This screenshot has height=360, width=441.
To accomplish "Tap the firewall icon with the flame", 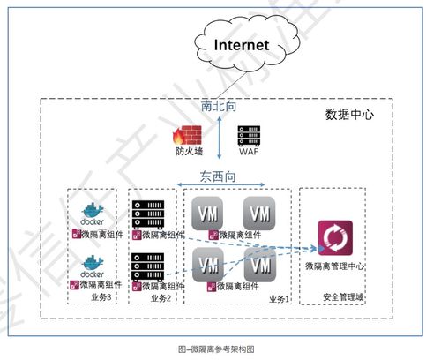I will [187, 136].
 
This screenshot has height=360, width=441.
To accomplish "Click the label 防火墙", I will [187, 155].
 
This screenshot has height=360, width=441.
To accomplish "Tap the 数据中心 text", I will [350, 115].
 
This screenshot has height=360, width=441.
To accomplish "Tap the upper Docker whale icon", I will [93, 212].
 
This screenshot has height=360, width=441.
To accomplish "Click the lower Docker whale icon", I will [93, 264].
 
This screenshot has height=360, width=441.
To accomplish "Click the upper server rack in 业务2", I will [148, 213].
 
